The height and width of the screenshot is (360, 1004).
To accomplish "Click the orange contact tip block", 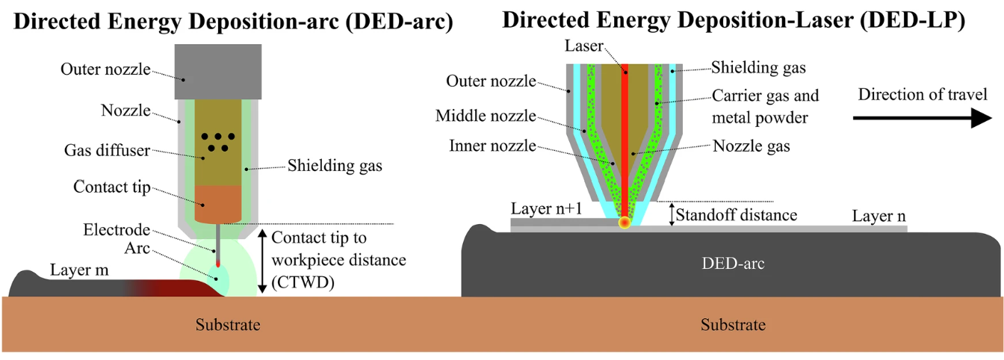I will click(x=218, y=203).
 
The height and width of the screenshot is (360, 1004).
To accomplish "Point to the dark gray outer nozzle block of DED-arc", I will click(x=217, y=71).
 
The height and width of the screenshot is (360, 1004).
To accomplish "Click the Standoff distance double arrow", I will click(x=670, y=214).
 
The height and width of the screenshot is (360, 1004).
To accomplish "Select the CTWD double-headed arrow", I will click(x=262, y=261).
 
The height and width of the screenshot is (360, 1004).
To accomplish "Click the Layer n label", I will click(x=879, y=216).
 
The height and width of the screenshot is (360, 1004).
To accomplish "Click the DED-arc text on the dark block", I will click(x=732, y=263).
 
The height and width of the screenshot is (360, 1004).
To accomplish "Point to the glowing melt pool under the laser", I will click(x=625, y=222).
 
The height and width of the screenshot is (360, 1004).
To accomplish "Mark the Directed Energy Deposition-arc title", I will click(x=234, y=22).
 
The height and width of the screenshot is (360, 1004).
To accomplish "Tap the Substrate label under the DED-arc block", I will click(x=733, y=325).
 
